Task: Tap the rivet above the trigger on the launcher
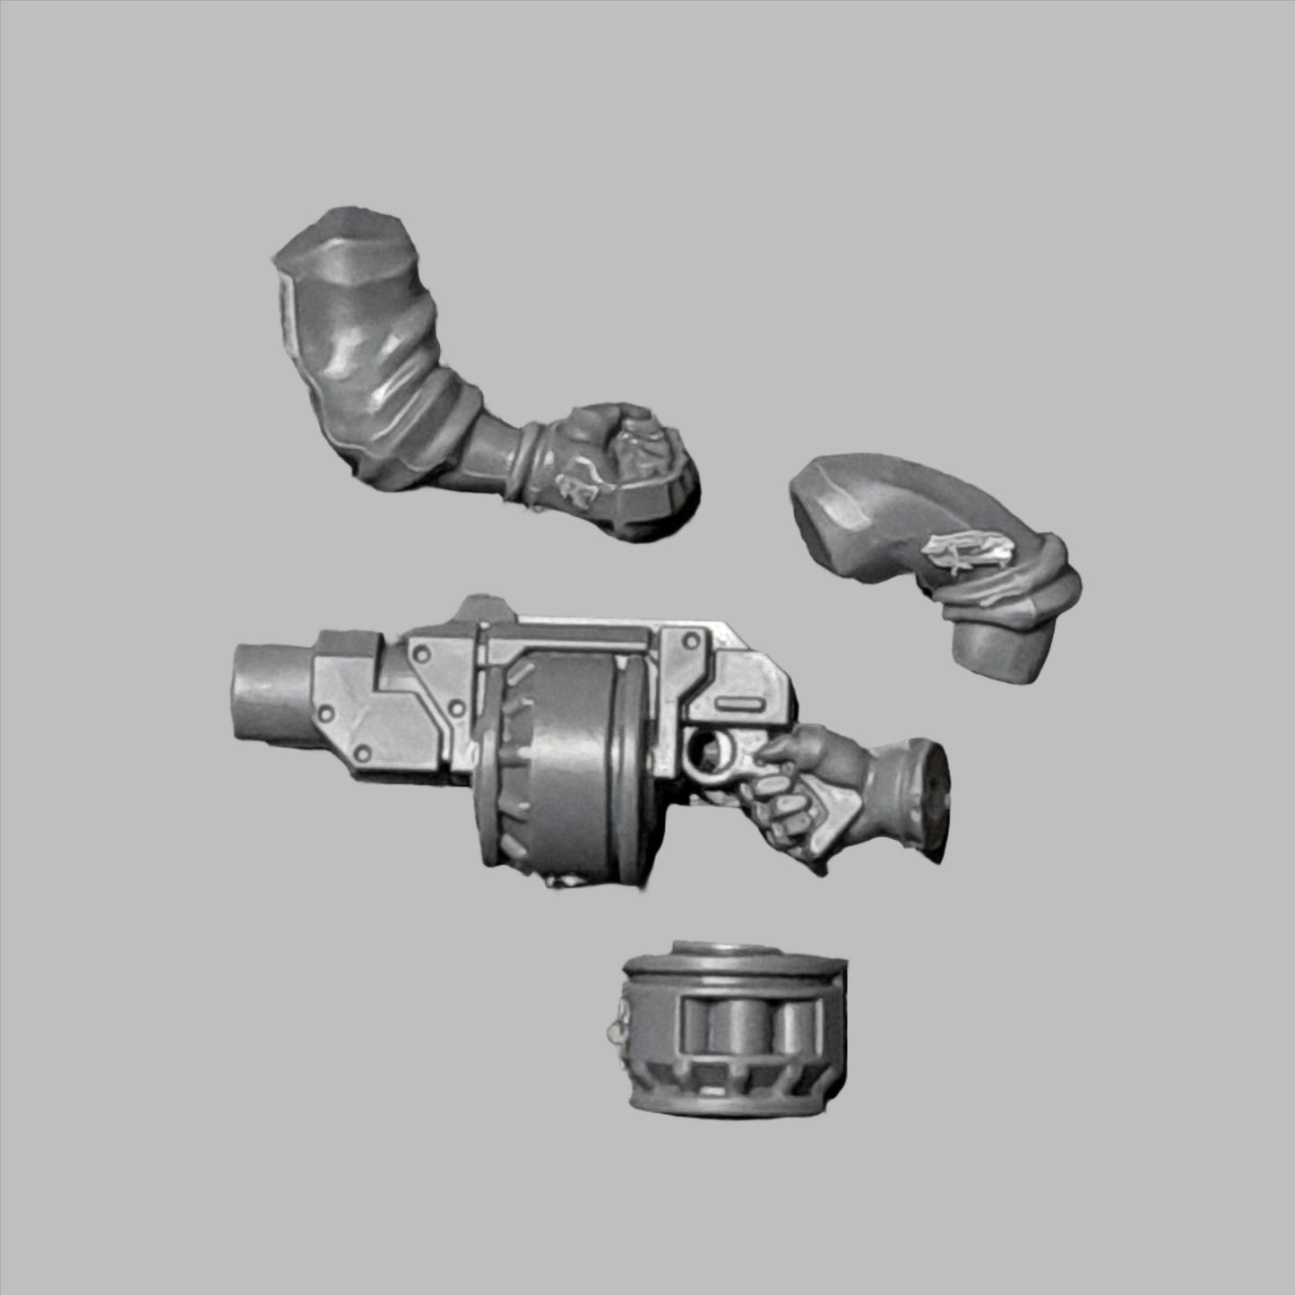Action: (691, 641)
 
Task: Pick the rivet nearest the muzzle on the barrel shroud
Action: (325, 714)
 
